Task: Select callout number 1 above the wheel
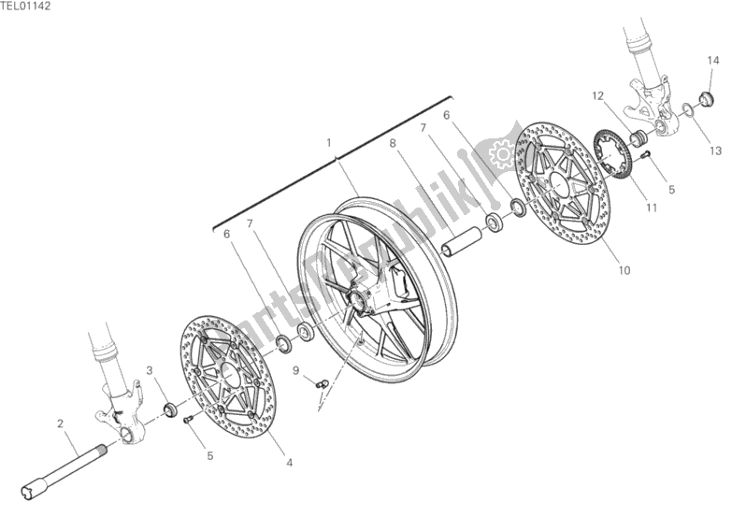[329, 142]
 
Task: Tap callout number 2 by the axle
[61, 424]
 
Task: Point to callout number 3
[149, 372]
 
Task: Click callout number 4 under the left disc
[288, 462]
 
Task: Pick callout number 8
[394, 143]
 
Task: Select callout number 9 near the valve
[294, 370]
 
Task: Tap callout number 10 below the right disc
[624, 271]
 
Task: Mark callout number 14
[711, 61]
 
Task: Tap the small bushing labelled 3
[170, 408]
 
